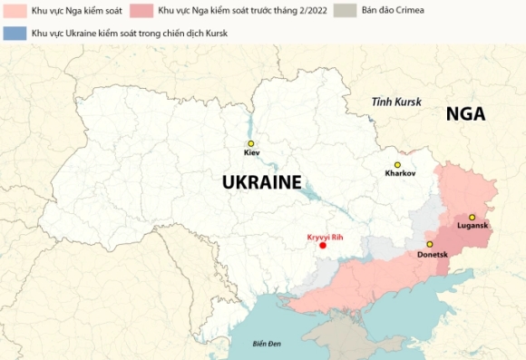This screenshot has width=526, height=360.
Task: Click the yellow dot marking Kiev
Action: click(251, 143)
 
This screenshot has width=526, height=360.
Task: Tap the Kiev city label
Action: click(251, 153)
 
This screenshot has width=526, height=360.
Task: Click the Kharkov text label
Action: click(400, 172)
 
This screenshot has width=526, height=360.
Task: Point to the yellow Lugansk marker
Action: click(472, 217)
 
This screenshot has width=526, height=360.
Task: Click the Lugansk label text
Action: click(472, 226)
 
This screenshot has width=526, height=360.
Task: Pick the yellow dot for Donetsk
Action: click(430, 244)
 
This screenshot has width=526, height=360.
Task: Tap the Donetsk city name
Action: click(432, 254)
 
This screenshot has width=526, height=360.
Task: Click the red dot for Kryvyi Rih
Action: click(323, 246)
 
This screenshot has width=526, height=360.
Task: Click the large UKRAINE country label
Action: click(261, 182)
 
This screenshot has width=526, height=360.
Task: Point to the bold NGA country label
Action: click(465, 114)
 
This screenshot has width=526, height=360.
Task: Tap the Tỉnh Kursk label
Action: click(396, 102)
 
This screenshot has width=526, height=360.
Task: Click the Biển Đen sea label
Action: click(268, 344)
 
